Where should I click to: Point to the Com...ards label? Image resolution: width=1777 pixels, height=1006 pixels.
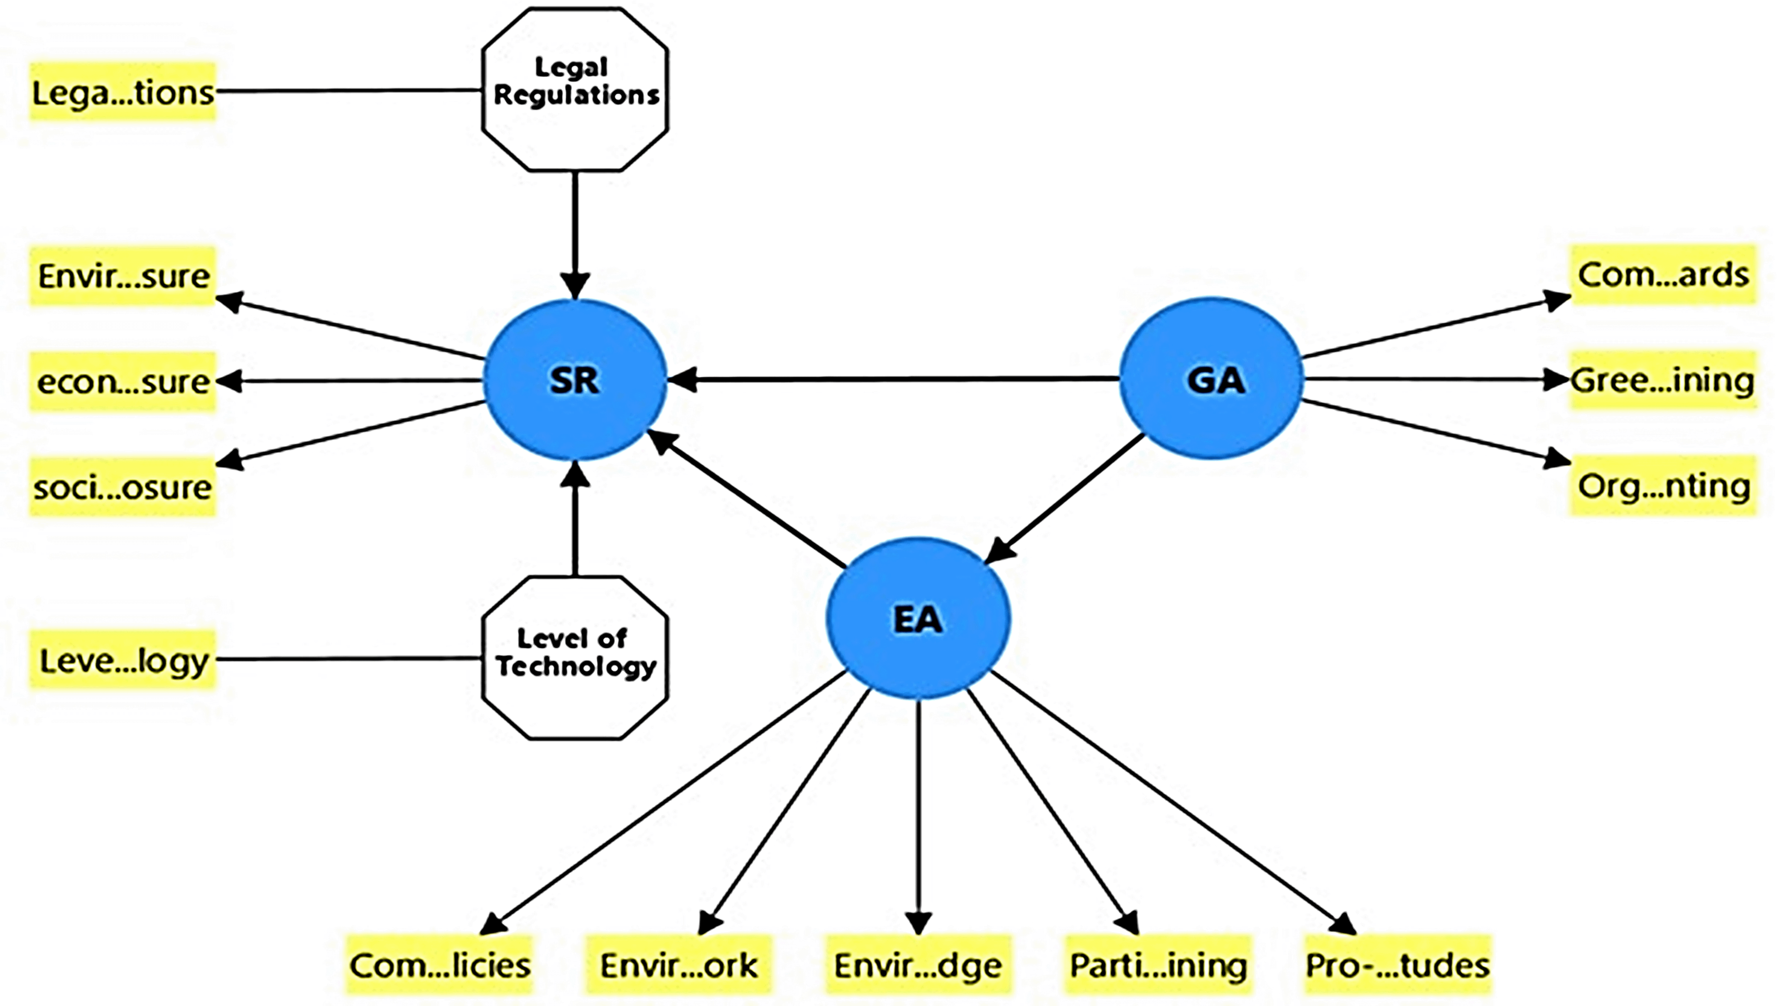[x=1663, y=274]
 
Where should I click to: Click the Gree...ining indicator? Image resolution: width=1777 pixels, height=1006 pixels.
[x=1663, y=380]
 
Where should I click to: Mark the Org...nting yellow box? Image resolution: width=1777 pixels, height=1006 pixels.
[x=1663, y=486]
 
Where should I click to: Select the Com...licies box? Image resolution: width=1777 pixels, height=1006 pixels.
[x=439, y=965]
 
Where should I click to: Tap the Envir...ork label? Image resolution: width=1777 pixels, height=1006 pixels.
[x=678, y=965]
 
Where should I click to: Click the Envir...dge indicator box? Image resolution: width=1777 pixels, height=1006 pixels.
[x=918, y=965]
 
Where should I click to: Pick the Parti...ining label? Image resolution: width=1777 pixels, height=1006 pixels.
[x=1157, y=965]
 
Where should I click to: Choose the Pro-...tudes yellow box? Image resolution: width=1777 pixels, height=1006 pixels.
[x=1397, y=965]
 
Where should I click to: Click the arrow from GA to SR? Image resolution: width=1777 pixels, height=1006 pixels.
[x=891, y=379]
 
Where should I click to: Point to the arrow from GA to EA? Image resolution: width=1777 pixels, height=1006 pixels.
[x=1067, y=497]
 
